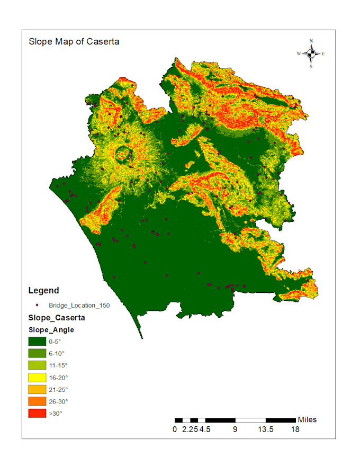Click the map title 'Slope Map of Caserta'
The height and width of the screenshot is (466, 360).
pos(74,42)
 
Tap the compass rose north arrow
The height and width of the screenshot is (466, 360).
pos(311,52)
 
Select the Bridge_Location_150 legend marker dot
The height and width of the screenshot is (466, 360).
pos(37,305)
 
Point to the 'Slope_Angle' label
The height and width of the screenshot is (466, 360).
pos(51,329)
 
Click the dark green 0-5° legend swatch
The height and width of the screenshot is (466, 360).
pos(37,341)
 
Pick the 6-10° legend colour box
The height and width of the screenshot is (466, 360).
pos(37,353)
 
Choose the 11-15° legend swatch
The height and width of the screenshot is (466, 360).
pos(37,365)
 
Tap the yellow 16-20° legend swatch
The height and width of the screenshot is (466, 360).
pos(37,378)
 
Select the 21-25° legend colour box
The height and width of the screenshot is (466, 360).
pos(37,389)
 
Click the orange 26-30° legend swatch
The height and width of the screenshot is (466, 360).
pos(37,401)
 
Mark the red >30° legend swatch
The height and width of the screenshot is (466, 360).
pos(37,414)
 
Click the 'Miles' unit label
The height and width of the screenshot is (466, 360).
pos(307,419)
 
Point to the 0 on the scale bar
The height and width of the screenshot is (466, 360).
pos(175,429)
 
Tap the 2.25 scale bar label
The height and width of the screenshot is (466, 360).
pos(189,429)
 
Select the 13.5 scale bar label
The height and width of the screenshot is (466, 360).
pos(265,429)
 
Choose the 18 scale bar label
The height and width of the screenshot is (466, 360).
pos(295,429)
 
